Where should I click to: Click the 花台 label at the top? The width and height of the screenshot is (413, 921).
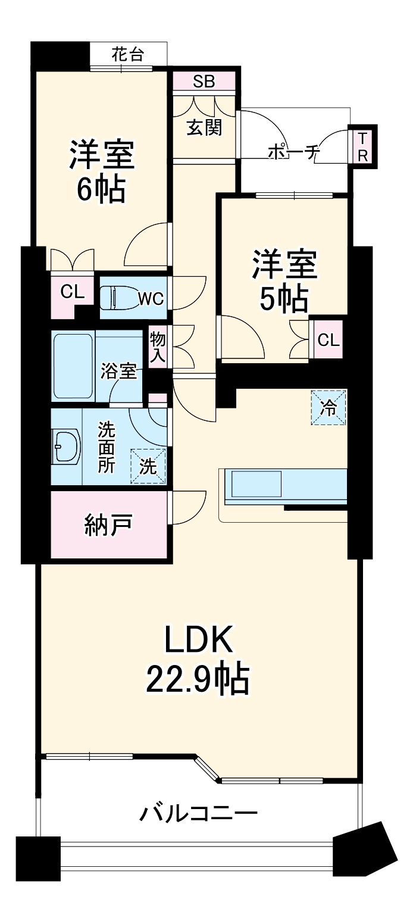128,55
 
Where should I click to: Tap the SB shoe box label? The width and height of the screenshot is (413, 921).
204,82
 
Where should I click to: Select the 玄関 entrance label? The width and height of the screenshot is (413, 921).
204,127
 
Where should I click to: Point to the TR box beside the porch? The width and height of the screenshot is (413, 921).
362,147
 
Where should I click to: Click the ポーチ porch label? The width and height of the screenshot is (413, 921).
293,152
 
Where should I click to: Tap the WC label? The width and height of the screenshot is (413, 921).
151,298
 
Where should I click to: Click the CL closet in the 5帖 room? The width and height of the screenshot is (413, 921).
328,341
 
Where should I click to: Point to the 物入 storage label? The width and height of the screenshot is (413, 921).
157,347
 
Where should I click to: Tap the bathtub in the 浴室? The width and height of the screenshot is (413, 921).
73,366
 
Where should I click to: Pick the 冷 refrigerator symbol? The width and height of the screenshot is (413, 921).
328,407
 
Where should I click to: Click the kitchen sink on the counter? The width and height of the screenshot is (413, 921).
256,483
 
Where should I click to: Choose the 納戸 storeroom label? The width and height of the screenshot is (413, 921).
108,525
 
